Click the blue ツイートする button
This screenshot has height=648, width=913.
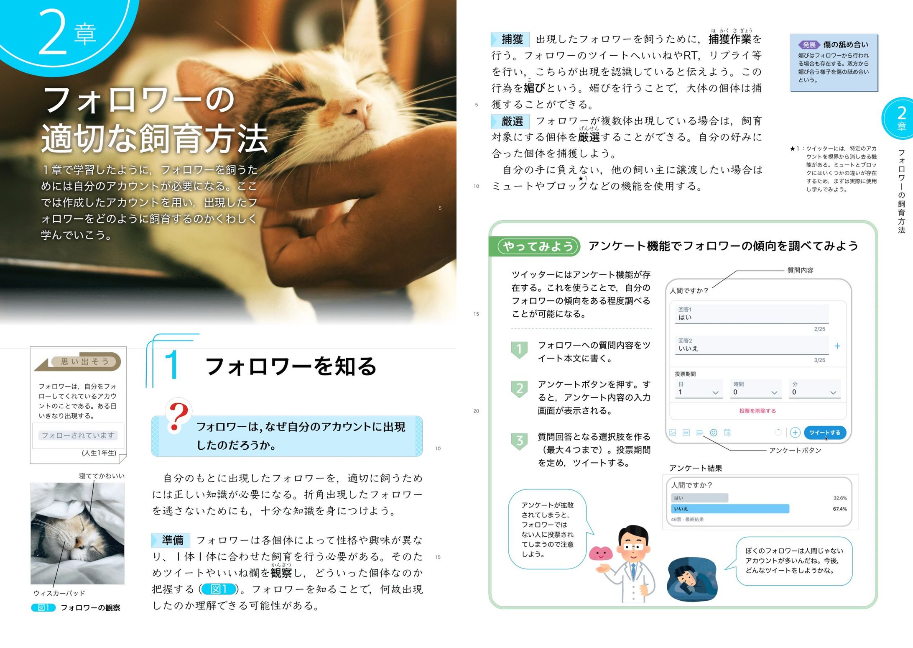824,433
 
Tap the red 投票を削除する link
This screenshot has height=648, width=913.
757,411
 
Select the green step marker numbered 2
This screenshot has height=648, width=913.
519,389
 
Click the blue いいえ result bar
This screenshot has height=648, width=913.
730,509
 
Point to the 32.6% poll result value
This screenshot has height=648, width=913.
839,498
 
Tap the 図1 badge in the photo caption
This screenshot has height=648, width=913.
43,607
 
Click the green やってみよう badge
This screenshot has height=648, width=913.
538,246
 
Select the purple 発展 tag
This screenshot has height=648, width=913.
809,45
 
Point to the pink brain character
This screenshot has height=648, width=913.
601,554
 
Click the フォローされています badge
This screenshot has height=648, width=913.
78,435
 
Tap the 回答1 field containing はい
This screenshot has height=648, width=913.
751,314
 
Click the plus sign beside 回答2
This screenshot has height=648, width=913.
837,346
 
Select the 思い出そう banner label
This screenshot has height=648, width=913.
85,361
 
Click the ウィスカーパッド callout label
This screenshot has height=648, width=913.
59,593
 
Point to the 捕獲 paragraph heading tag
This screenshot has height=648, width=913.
511,39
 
